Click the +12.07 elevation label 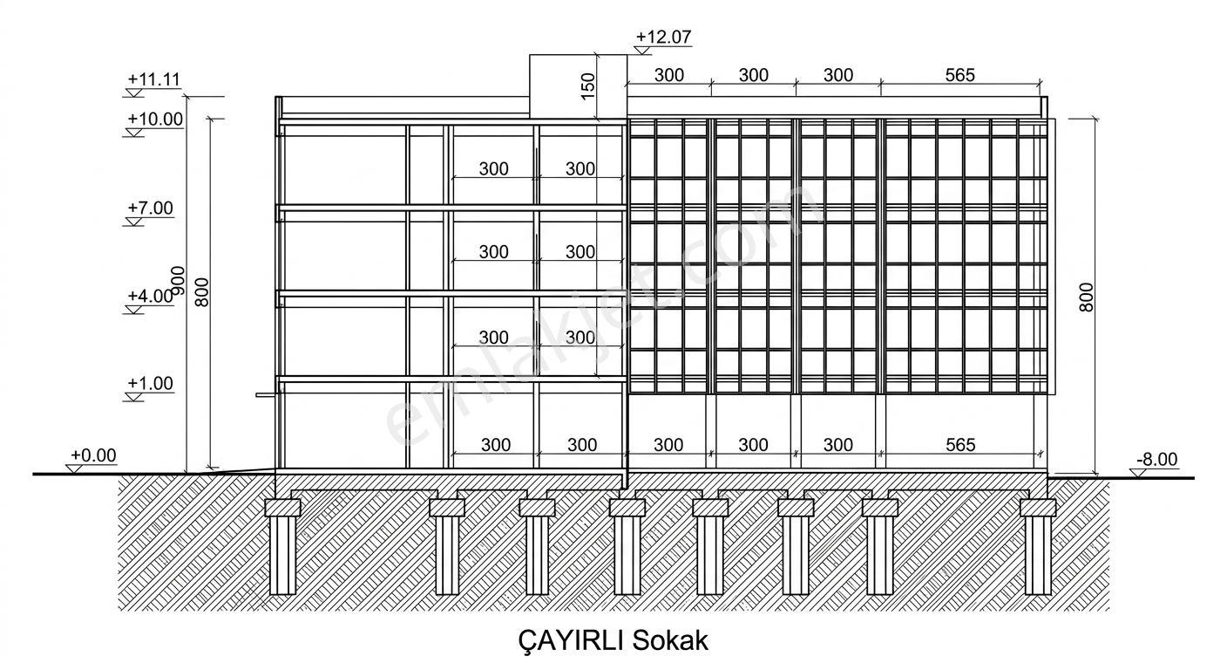tap(663, 37)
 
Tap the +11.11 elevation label tap(154, 79)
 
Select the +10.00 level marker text tap(155, 119)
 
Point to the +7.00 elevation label tap(150, 208)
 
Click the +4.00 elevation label tap(150, 296)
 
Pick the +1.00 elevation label tap(150, 383)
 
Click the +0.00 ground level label tap(93, 455)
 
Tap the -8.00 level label tap(1156, 459)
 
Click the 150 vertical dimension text tap(587, 86)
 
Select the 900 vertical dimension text tap(179, 280)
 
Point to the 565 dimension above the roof tap(959, 74)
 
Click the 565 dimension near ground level tap(960, 444)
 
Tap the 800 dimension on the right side tap(1086, 297)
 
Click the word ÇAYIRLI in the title tap(570, 640)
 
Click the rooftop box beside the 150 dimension tap(578, 86)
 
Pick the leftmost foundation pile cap tap(282, 507)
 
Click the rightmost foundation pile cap tap(1038, 507)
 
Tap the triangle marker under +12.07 tap(642, 51)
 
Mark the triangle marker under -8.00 tap(1138, 473)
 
